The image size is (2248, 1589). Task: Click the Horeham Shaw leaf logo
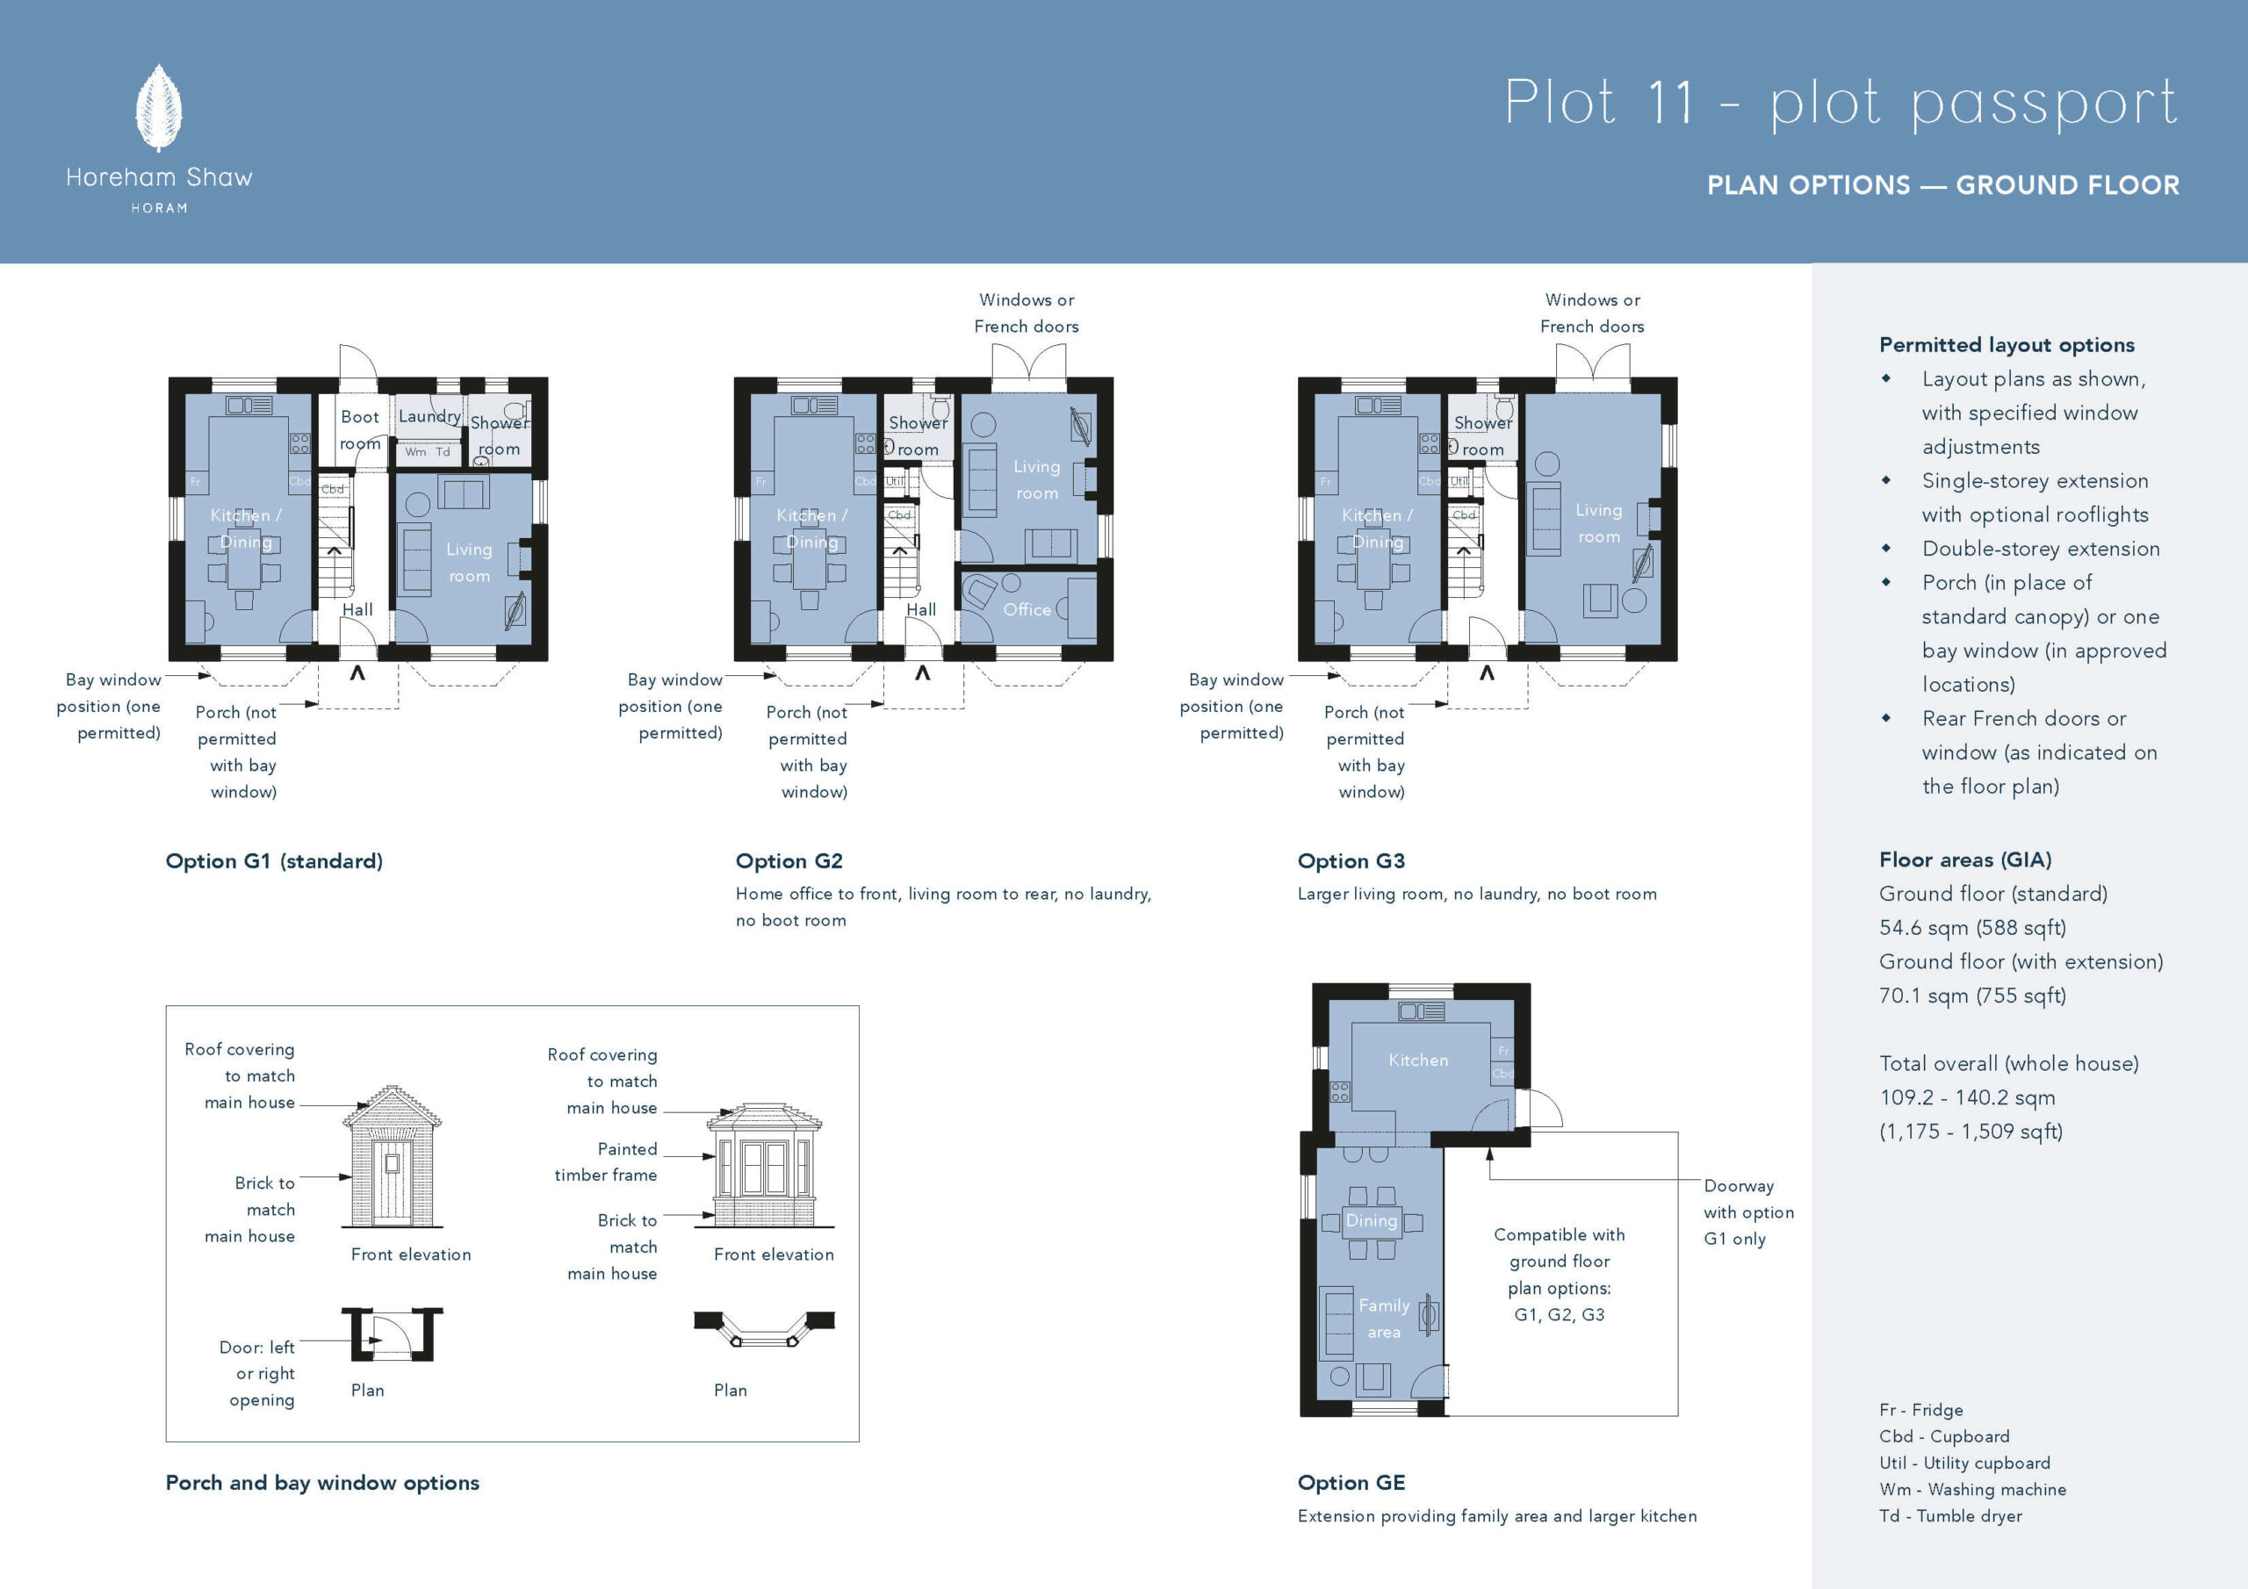(x=159, y=108)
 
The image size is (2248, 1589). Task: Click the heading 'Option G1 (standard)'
(x=274, y=861)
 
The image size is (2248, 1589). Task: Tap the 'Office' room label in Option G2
(x=1027, y=610)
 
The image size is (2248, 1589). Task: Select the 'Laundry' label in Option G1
(x=429, y=416)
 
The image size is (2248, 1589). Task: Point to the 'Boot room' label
(x=360, y=430)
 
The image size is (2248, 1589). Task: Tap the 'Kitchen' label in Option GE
(x=1417, y=1061)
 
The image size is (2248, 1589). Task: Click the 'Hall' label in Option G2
(x=921, y=610)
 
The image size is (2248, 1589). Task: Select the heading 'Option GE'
(x=1351, y=1482)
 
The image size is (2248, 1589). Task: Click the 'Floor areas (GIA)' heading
(x=1965, y=859)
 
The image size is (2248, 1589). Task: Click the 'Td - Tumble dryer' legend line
(x=1950, y=1515)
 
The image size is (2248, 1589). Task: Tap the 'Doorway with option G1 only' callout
(x=1748, y=1212)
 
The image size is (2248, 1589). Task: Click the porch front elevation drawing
(x=392, y=1156)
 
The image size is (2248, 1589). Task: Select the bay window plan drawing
(x=764, y=1328)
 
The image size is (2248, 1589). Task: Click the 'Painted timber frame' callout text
(x=606, y=1162)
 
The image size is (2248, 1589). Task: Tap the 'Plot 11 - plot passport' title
(x=1841, y=103)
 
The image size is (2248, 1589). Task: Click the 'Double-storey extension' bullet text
(x=2041, y=550)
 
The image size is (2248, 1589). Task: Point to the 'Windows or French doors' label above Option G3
(x=1592, y=313)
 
